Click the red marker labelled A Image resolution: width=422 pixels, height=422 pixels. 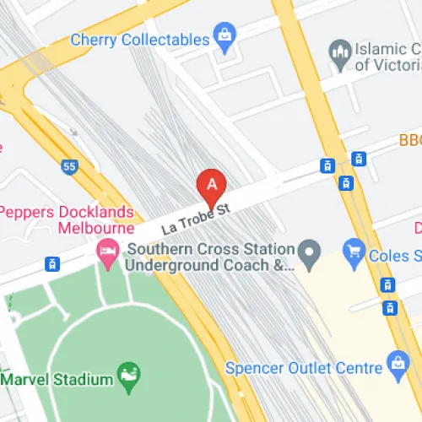pyautogui.click(x=212, y=184)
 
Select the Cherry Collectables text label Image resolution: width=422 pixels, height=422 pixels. pyautogui.click(x=139, y=40)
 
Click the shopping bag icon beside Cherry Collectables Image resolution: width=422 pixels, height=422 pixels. pyautogui.click(x=224, y=35)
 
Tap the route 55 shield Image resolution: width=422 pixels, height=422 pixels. pyautogui.click(x=69, y=167)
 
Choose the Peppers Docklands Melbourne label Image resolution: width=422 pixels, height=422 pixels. pyautogui.click(x=68, y=219)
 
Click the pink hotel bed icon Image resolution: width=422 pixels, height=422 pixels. pyautogui.click(x=107, y=251)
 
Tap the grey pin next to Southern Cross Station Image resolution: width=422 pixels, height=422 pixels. pyautogui.click(x=311, y=251)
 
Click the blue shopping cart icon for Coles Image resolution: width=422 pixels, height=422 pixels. pyautogui.click(x=354, y=251)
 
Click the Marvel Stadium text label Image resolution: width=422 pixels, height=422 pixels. pyautogui.click(x=57, y=379)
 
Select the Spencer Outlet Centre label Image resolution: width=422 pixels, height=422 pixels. pyautogui.click(x=302, y=368)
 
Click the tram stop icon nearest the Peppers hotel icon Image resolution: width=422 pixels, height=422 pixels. pyautogui.click(x=52, y=263)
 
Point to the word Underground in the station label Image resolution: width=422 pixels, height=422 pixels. pyautogui.click(x=165, y=266)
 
